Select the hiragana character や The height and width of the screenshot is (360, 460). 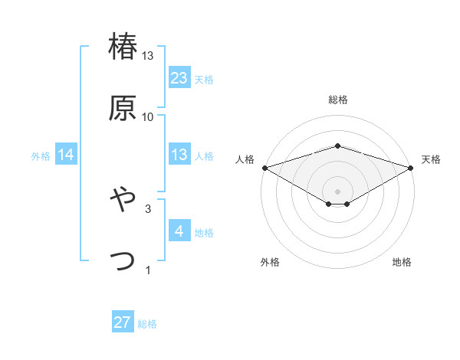(123, 199)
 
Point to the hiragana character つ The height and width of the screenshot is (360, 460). (123, 260)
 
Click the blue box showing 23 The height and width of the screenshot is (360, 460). (179, 77)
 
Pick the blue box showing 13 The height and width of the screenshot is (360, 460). (179, 155)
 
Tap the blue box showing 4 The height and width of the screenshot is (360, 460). (179, 231)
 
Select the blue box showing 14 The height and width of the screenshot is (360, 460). (66, 155)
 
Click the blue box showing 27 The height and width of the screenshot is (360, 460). (123, 322)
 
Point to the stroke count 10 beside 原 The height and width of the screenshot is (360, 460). (148, 117)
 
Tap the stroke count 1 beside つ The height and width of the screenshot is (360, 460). (148, 270)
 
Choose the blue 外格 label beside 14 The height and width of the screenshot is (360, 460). (41, 155)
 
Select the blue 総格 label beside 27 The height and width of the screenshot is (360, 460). (147, 323)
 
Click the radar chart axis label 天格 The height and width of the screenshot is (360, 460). (431, 159)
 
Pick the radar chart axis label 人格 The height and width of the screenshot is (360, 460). (245, 159)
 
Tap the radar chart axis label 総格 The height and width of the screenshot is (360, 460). (338, 100)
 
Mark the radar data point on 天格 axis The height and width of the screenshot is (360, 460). (412, 167)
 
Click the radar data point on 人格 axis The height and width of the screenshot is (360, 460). (264, 167)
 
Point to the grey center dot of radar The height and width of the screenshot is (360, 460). (338, 191)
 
